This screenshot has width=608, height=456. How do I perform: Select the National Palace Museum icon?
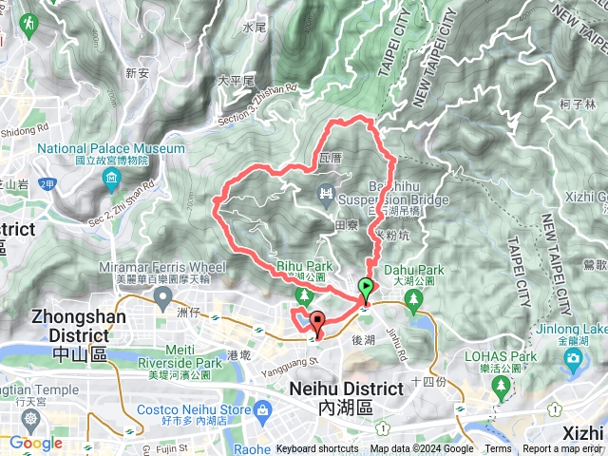tap(112, 179)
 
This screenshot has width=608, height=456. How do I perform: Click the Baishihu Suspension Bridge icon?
tap(327, 195)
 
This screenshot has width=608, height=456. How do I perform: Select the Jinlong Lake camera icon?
tap(573, 358)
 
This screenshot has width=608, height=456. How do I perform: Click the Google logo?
tap(35, 443)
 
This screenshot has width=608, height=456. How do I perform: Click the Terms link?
tap(498, 449)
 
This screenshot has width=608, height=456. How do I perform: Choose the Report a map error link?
tap(562, 449)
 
